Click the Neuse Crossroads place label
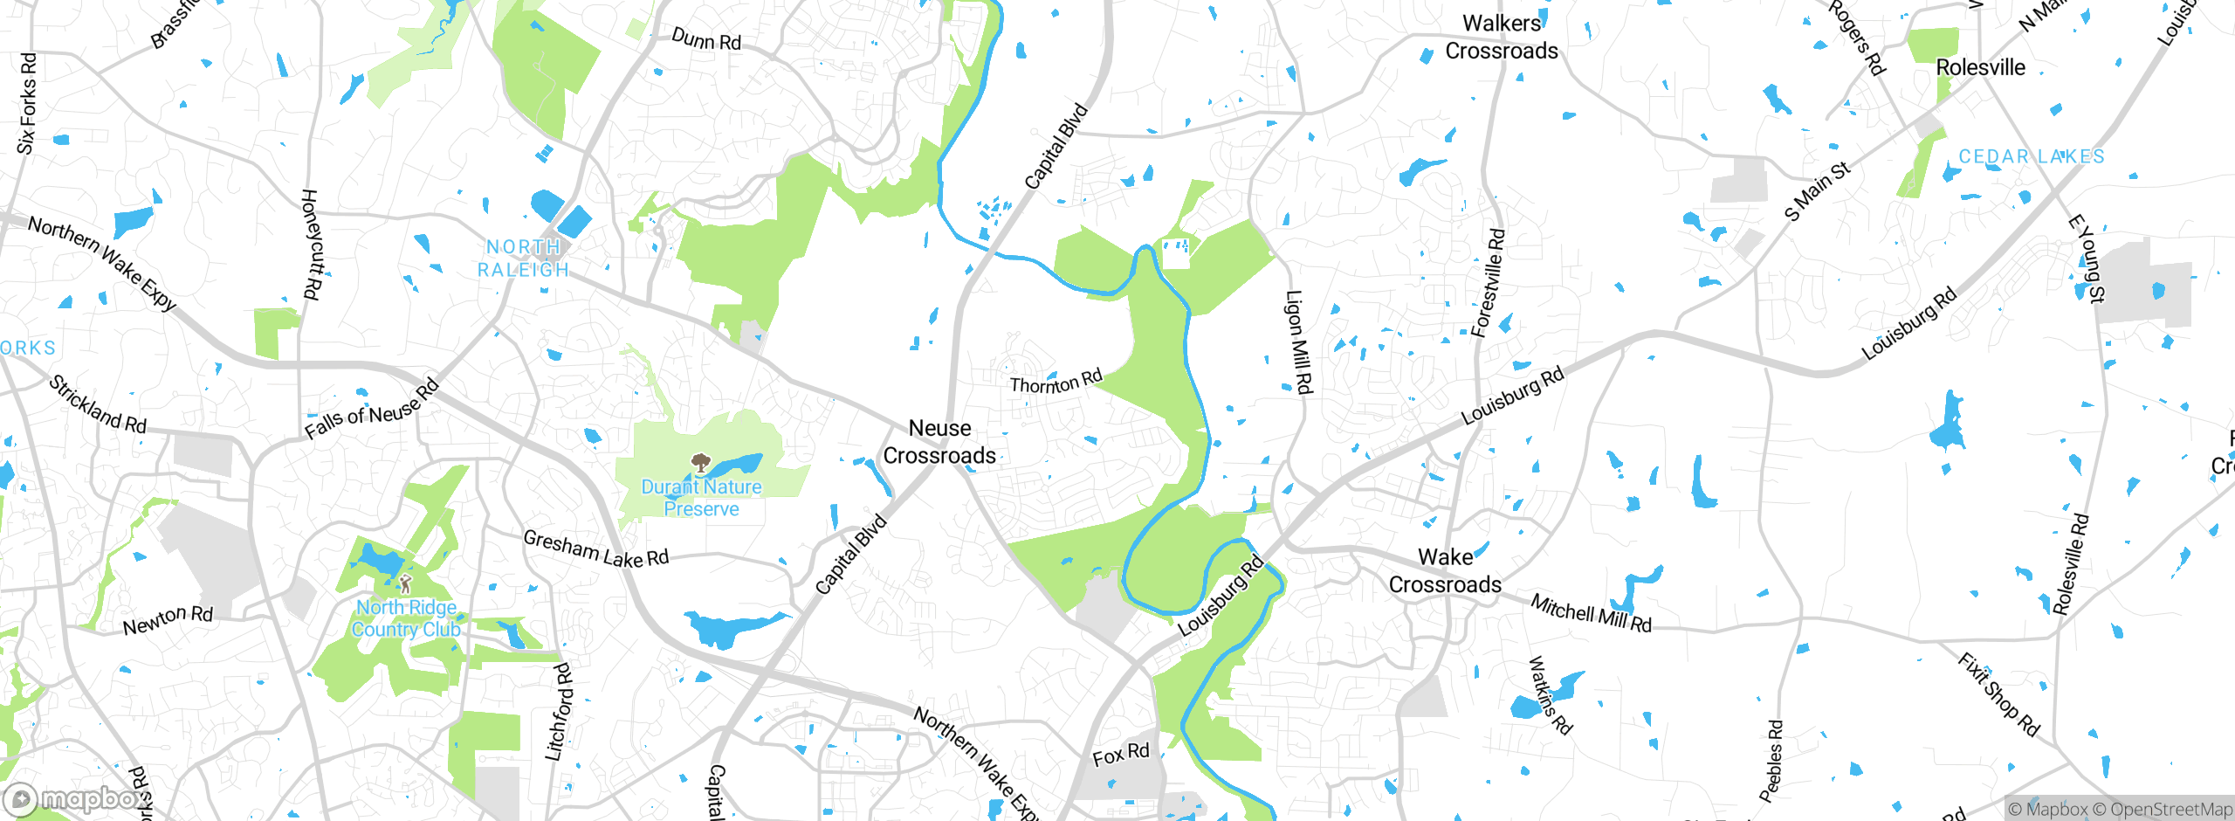click(939, 442)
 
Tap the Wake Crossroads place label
click(1445, 571)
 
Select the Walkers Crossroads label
click(1502, 38)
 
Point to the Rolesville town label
click(1980, 67)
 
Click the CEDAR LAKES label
click(2032, 156)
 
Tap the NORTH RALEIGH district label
click(523, 259)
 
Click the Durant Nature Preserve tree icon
click(699, 462)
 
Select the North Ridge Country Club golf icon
click(405, 583)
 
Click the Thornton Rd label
click(1056, 382)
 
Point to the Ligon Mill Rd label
click(1299, 342)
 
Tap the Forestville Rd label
click(1488, 283)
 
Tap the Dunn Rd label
click(706, 39)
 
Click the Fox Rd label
click(1121, 755)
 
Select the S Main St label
click(1818, 191)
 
